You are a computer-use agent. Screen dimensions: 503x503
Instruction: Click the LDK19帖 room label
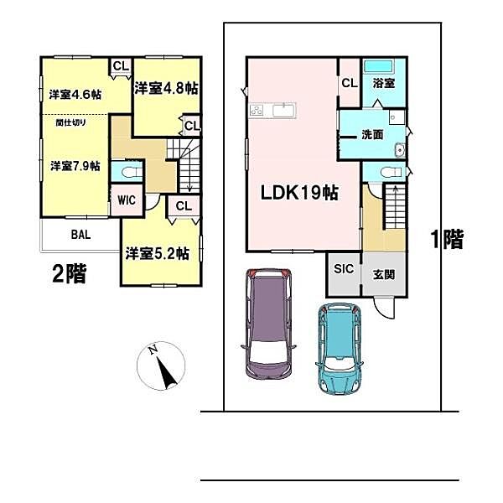(x=299, y=193)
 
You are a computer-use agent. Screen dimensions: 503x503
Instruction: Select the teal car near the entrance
(x=340, y=349)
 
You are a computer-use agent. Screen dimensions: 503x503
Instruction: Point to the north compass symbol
(x=161, y=366)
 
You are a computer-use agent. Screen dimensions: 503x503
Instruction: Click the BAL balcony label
(x=80, y=235)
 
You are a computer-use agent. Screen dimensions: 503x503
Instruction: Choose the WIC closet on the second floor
(x=127, y=200)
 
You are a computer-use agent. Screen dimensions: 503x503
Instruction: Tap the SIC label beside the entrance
(x=344, y=268)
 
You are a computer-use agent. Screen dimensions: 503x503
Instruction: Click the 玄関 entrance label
(x=384, y=274)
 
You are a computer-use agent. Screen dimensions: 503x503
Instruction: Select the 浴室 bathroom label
(x=384, y=83)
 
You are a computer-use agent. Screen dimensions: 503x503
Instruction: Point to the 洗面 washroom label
(x=372, y=135)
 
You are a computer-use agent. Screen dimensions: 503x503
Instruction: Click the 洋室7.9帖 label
(x=75, y=166)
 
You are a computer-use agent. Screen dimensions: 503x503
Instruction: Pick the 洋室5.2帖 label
(x=158, y=253)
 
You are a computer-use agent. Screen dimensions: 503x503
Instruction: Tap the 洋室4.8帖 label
(x=166, y=88)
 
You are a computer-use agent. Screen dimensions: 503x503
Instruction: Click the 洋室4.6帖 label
(x=75, y=94)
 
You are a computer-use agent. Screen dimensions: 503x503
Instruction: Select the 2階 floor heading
(x=70, y=274)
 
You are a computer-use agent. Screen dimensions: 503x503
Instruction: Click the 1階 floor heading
(x=447, y=239)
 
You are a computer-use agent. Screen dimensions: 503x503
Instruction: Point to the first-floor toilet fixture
(x=391, y=172)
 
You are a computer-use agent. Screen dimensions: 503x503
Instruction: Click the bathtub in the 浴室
(x=379, y=66)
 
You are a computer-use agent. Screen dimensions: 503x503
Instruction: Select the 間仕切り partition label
(x=70, y=122)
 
